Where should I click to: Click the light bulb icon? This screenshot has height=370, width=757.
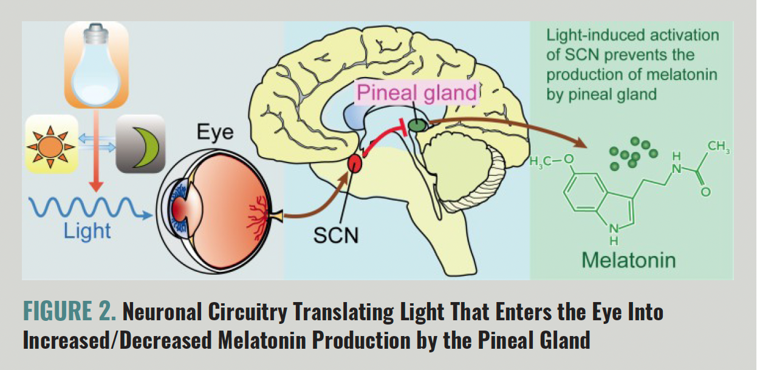[97, 65]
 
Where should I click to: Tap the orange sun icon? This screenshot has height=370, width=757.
[51, 147]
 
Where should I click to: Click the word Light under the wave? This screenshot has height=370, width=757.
[87, 231]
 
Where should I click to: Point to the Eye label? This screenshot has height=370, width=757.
[215, 132]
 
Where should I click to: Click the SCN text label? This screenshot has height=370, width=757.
[335, 235]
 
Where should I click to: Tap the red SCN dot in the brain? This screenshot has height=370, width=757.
[355, 164]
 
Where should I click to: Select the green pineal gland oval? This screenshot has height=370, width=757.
[418, 126]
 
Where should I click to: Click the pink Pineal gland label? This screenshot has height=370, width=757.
[417, 92]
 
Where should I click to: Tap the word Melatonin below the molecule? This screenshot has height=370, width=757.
[629, 260]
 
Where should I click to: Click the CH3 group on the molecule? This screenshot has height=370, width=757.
[719, 147]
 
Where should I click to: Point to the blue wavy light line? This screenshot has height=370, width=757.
[89, 207]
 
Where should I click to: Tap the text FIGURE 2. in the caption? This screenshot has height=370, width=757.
[70, 311]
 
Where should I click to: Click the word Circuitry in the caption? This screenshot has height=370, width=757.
[247, 311]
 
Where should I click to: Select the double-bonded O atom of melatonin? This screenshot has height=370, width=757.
[705, 192]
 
